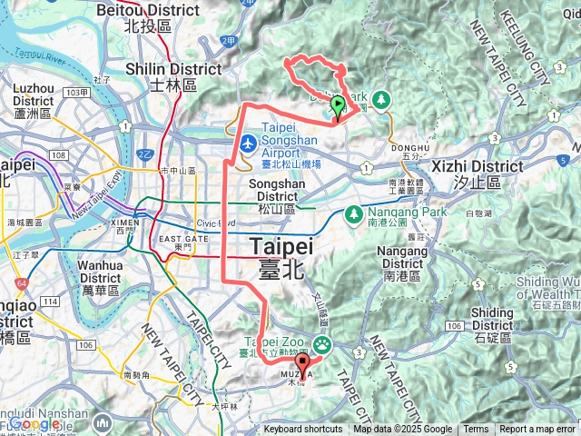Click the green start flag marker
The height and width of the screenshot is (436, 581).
[338, 105]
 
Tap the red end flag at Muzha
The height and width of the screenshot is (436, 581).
[303, 364]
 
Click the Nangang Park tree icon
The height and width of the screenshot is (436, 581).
[354, 213]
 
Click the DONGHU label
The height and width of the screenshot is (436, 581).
[416, 148]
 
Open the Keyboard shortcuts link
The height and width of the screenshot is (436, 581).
[303, 430]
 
